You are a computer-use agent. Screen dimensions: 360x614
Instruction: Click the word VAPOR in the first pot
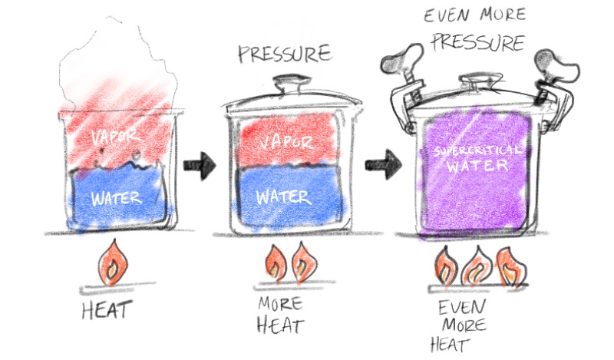pos(116,137)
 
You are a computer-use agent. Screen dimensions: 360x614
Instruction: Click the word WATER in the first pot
pos(116,199)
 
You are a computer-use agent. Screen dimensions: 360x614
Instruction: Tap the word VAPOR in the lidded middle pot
pos(286,143)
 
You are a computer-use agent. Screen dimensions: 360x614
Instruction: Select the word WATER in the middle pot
pos(283,195)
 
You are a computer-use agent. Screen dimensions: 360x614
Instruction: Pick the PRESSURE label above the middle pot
pos(285,54)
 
